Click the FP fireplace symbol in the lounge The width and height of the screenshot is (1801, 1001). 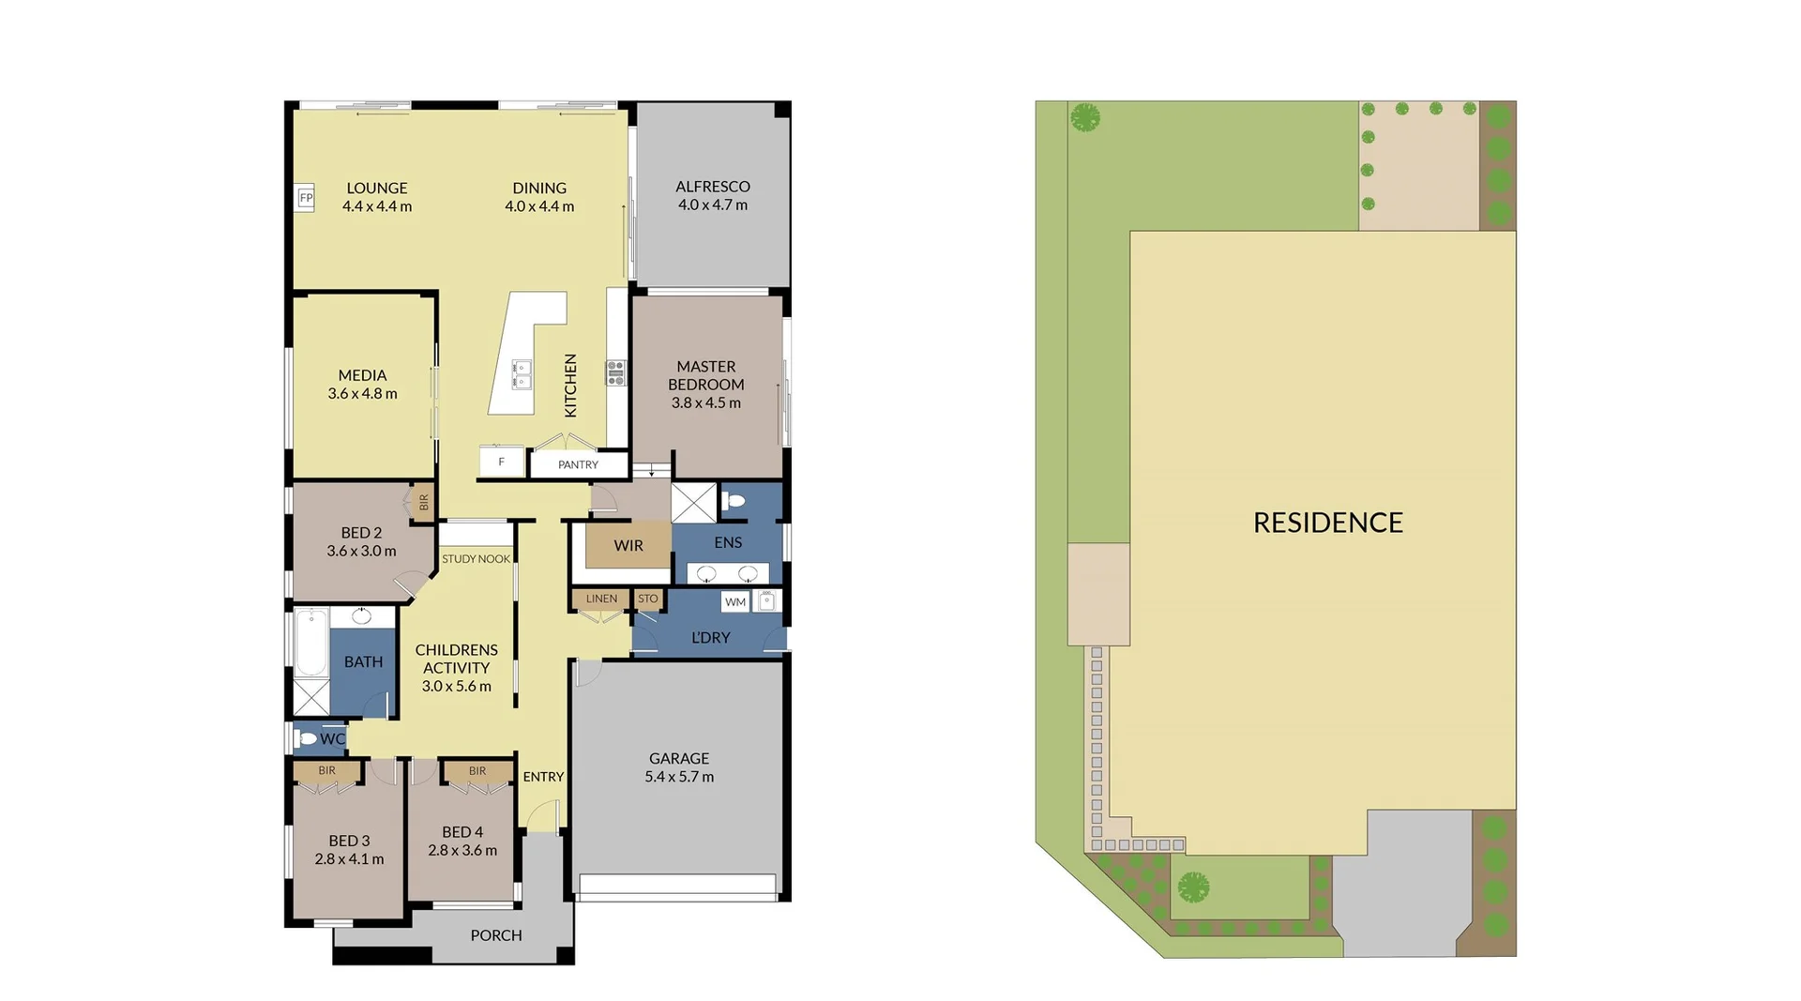[306, 198]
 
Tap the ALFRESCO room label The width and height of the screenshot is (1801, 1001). [712, 187]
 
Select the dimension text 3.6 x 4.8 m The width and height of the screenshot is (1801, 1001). [362, 394]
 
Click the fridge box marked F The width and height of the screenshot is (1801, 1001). [501, 462]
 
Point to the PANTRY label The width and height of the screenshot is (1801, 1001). [578, 464]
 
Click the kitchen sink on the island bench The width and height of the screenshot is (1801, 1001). [522, 373]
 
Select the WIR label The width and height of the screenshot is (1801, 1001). [628, 545]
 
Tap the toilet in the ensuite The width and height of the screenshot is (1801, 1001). [734, 501]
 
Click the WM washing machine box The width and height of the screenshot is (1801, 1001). [735, 602]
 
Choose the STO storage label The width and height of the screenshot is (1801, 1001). [647, 599]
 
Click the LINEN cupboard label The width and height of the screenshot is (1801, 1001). [601, 599]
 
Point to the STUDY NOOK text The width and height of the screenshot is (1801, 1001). [476, 559]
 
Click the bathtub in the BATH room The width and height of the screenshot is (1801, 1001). [310, 642]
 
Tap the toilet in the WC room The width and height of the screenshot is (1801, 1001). [306, 739]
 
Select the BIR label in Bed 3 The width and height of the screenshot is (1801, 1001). [326, 770]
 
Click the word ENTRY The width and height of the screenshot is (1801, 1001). [543, 777]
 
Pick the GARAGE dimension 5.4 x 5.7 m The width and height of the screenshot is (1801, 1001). [679, 777]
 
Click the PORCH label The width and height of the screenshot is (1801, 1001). [495, 935]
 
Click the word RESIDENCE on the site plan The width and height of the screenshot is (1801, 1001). [1327, 523]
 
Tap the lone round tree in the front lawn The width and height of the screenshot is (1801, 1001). [1193, 886]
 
